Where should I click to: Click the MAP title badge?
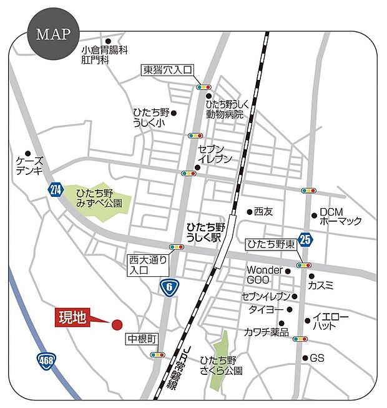[53, 34]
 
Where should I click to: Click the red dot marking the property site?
[116, 324]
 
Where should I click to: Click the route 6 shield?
[167, 287]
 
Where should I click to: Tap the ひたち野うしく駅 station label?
[206, 234]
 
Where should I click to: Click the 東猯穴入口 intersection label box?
[168, 71]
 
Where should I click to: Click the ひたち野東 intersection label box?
[270, 244]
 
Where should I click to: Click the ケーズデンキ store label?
[29, 165]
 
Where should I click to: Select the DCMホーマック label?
[341, 216]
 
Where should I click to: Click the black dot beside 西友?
[250, 212]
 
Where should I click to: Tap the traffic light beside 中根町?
[157, 354]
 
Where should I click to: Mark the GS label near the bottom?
[317, 358]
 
